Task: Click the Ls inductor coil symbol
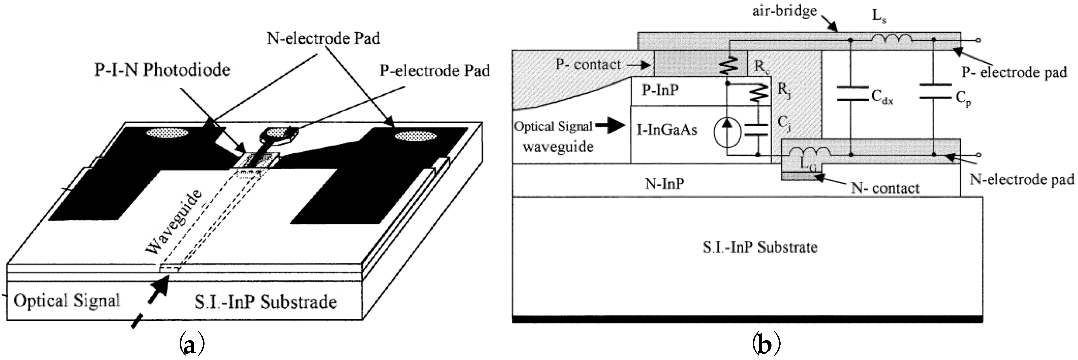tap(891, 39)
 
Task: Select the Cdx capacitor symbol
tap(851, 94)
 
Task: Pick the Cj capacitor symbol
tap(758, 130)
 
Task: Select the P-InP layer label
tap(660, 90)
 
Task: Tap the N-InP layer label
tap(664, 183)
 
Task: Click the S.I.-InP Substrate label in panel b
tap(759, 247)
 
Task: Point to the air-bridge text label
tap(785, 11)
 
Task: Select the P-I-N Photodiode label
tap(162, 70)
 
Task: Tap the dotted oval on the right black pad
tap(415, 136)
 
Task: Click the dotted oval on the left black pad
tap(167, 133)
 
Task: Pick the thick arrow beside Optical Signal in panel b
tap(611, 126)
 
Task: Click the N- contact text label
tap(885, 188)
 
